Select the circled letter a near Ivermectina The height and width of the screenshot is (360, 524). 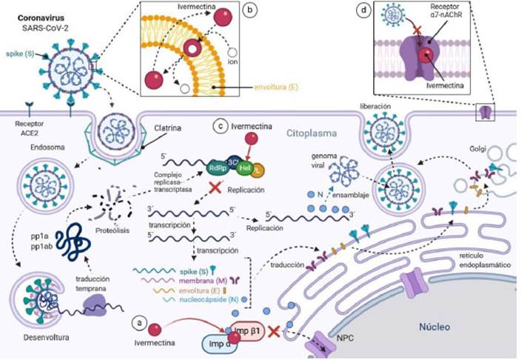tap(135, 323)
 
